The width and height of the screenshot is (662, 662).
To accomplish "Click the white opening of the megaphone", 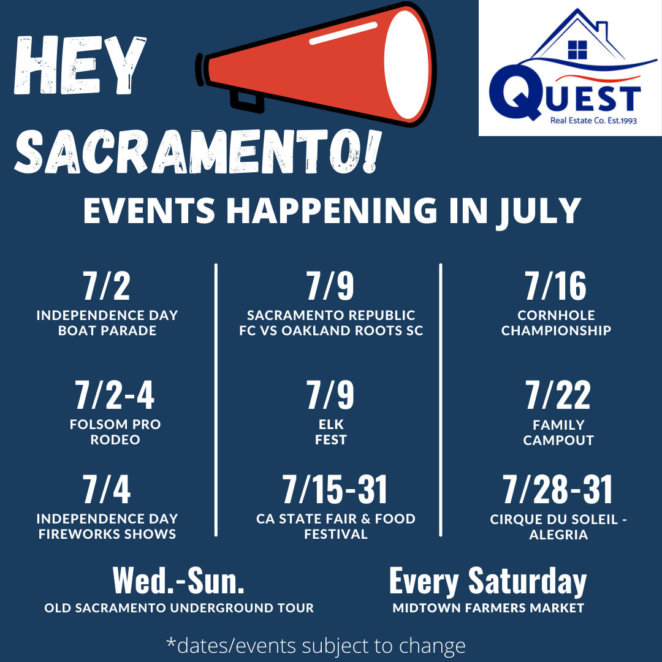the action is pos(407,64).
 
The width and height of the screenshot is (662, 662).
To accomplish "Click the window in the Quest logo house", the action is pos(577,50).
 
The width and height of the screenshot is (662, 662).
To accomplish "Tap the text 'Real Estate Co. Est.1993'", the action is pos(593,121).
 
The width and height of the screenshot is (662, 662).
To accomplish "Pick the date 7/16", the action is pos(555,286).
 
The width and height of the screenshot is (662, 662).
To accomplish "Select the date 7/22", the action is pos(558,395).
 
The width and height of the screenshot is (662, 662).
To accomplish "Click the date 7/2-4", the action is pos(115,395).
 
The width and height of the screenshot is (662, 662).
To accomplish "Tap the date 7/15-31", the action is pos(335,489).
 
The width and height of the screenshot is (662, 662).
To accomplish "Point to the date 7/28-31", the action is pos(558,489).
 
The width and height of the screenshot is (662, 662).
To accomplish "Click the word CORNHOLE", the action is pos(556,316).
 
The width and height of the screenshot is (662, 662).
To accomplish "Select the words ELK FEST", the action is pos(331,432).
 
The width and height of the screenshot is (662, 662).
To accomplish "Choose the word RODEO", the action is pos(115,440).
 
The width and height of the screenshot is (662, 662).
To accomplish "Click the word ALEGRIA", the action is pos(558,535).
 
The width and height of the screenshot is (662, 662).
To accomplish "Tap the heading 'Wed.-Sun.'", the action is pos(178,581).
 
